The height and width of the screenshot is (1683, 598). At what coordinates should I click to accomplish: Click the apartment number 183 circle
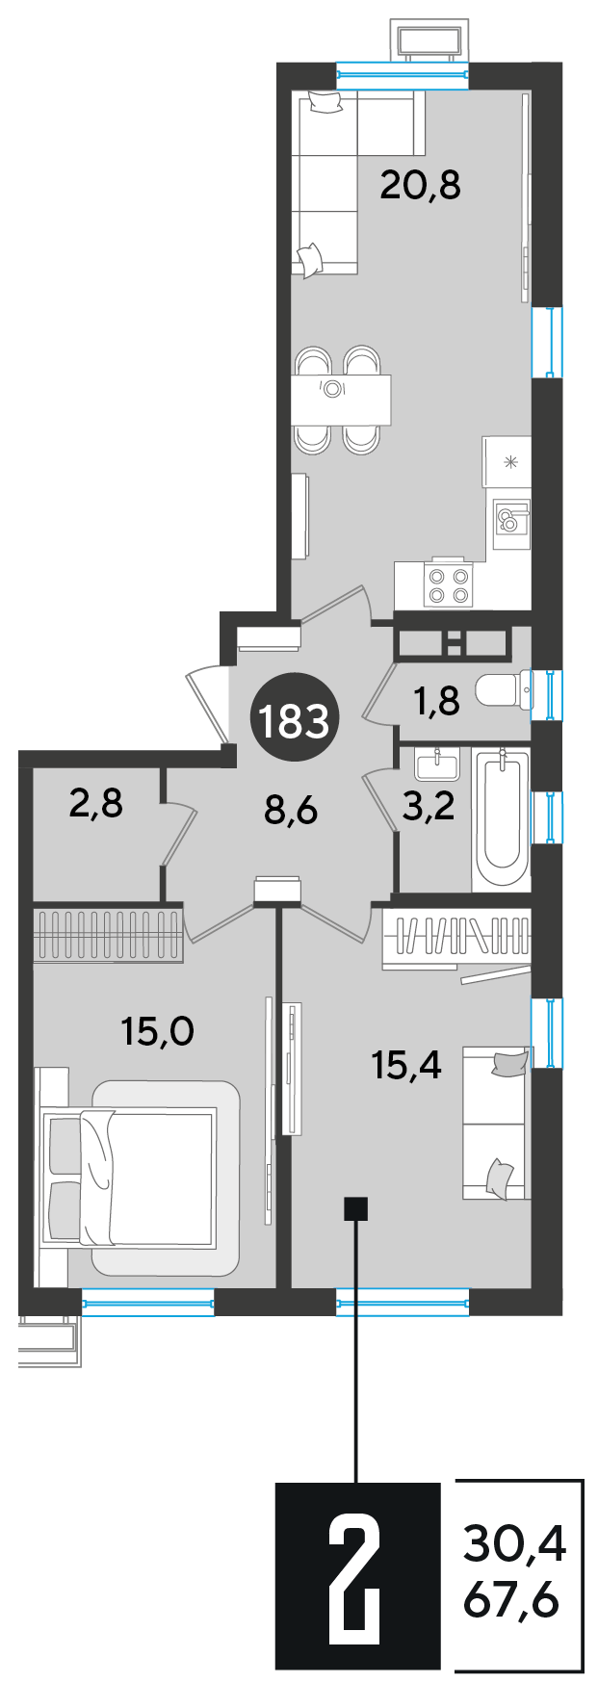[290, 719]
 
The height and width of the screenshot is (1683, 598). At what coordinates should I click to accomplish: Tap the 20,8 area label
[421, 183]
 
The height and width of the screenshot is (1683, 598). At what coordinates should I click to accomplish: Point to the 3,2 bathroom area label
[428, 806]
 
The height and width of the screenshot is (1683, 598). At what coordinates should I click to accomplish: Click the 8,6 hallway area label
[291, 810]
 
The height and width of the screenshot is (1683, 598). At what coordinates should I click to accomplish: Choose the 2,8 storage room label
[96, 802]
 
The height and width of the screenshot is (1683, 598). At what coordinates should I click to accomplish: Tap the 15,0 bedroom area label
[158, 1032]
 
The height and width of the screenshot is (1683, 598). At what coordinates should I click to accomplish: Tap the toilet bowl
[504, 691]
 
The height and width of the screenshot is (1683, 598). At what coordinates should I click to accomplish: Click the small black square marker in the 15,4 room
[356, 1208]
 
